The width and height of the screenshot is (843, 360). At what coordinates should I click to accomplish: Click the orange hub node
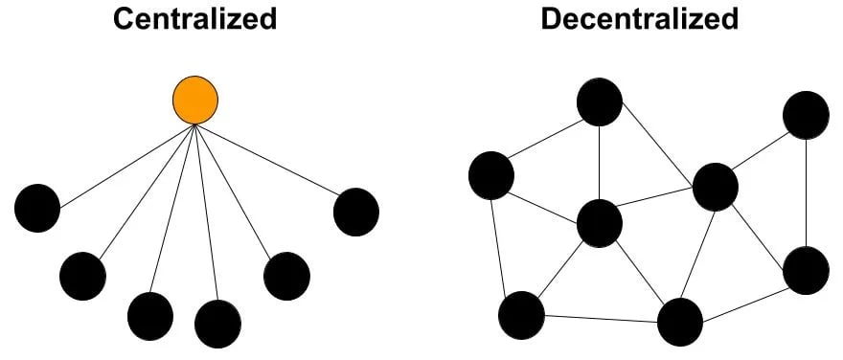pos(194,100)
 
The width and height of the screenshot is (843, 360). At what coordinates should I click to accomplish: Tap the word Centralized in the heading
pos(195,18)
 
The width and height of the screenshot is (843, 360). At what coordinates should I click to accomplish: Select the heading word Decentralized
pos(639,18)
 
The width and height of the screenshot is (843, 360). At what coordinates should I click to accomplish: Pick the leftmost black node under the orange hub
pos(37,208)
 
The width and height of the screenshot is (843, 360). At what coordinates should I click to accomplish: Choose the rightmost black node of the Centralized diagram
pos(355,212)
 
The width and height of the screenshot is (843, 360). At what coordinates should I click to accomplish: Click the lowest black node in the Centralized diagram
pos(217,324)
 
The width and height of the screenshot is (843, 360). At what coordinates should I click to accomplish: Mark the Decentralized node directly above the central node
pos(600,102)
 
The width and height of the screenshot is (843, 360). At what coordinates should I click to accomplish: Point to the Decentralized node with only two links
pos(806,115)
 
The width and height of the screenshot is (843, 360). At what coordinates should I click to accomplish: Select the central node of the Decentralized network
pos(600,224)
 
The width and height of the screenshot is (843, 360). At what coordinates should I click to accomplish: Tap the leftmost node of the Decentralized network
pos(491,175)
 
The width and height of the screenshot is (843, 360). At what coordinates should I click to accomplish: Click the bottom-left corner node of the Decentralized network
pos(522,314)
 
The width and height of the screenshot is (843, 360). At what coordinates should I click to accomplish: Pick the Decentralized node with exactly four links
pos(680,322)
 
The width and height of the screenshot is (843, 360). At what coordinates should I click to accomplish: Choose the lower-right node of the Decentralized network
pos(806,270)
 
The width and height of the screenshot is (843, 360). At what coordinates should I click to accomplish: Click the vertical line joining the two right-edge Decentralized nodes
pos(806,191)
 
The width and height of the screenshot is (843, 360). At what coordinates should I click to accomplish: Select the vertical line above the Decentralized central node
pos(600,163)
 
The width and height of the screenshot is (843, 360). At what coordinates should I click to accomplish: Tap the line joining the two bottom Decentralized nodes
pos(601,318)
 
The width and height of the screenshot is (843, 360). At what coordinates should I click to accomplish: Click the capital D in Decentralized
pos(552,18)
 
